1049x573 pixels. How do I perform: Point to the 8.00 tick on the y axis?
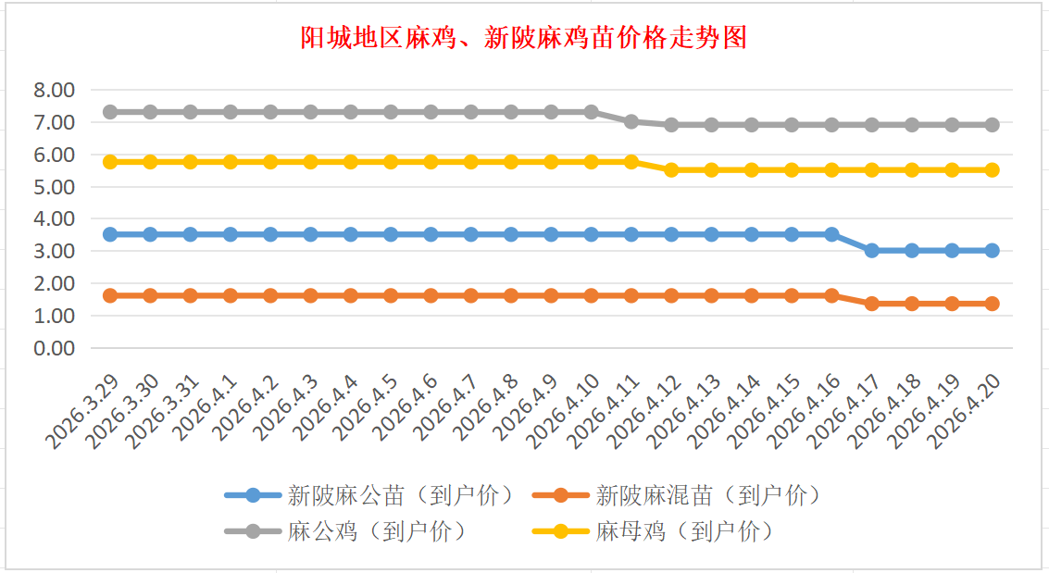pos(54,91)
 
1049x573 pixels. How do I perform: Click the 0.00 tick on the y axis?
pos(54,348)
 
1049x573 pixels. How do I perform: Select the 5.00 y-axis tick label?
pos(54,187)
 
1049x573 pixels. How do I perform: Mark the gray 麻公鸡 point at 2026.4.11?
pos(631,121)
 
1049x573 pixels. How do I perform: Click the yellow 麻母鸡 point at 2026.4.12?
pos(671,169)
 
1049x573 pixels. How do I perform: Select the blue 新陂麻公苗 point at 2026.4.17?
pos(871,250)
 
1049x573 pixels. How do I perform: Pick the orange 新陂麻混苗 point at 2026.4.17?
pos(871,304)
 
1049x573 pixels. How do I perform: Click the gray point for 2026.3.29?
pos(110,112)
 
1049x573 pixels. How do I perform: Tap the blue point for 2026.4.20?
pos(992,250)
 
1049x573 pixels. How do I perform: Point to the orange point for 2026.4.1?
pos(231,295)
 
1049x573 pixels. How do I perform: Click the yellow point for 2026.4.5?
pos(391,162)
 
